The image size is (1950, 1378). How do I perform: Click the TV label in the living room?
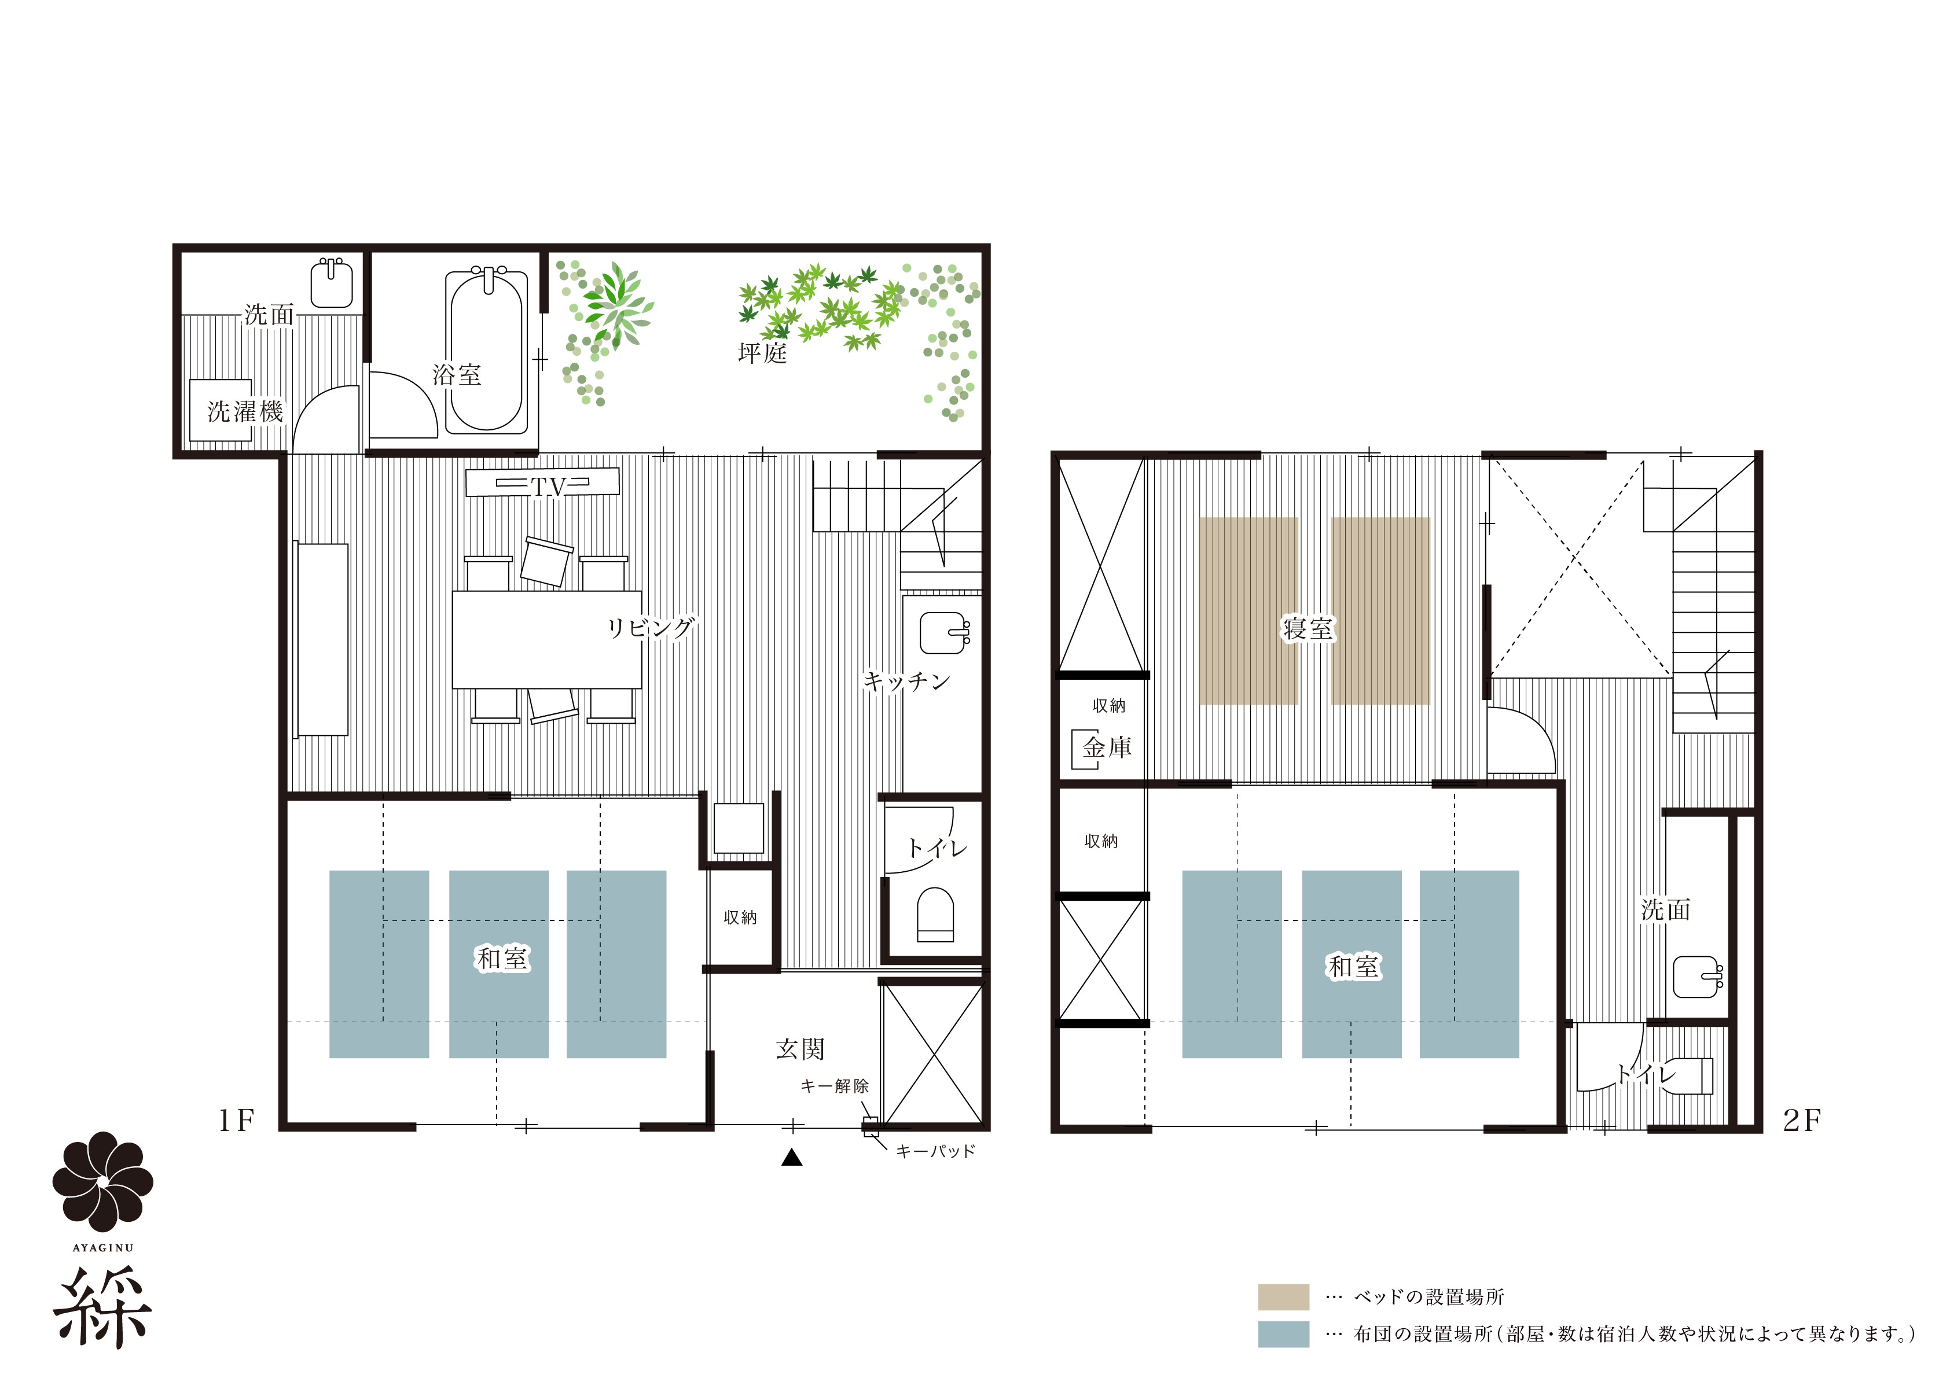click(548, 487)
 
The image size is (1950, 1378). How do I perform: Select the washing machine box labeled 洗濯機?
click(221, 410)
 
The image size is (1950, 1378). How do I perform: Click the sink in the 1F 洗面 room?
click(331, 283)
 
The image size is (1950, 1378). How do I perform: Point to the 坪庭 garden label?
click(762, 352)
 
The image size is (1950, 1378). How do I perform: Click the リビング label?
click(651, 628)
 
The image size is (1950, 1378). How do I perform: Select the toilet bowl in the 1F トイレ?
click(935, 915)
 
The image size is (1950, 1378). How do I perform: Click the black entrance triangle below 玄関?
click(792, 1156)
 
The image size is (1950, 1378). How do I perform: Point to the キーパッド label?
click(935, 1151)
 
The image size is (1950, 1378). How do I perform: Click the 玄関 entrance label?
click(800, 1049)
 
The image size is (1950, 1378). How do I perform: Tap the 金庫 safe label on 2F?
click(1107, 747)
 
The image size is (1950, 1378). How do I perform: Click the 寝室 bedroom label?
click(1308, 628)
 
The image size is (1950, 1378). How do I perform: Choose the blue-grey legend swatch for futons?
click(1283, 1334)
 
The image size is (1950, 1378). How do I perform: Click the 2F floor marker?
click(1801, 1121)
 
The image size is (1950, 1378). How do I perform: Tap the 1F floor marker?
click(236, 1121)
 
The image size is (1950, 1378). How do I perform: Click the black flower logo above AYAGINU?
click(103, 1181)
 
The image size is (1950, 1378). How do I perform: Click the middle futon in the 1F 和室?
click(498, 964)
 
